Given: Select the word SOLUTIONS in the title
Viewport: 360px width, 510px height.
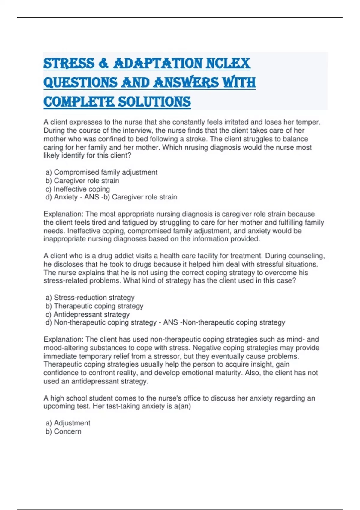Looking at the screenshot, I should click(154, 102).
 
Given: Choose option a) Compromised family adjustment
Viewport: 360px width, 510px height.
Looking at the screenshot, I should click(101, 172).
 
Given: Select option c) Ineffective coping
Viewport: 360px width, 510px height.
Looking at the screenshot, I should click(78, 189).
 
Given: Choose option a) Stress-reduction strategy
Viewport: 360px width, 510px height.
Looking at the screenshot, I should click(90, 298).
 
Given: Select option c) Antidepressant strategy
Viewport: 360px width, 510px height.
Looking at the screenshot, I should click(88, 314).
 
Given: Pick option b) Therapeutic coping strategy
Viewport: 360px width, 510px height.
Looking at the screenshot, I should click(94, 306).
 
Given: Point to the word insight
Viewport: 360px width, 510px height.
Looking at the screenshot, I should click(262, 364).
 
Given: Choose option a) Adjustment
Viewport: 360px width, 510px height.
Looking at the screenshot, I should click(68, 423).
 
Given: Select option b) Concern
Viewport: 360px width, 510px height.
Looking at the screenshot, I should click(64, 431).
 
